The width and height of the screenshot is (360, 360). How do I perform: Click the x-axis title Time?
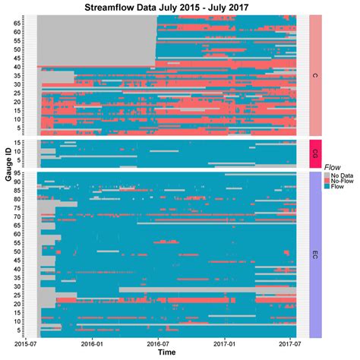[x=169, y=354]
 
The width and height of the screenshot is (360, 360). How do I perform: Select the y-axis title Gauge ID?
[x=6, y=175]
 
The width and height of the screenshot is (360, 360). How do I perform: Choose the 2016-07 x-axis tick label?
[x=157, y=344]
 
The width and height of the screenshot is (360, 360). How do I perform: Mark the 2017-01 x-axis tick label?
[x=225, y=344]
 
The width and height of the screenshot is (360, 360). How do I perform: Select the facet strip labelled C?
[x=314, y=76]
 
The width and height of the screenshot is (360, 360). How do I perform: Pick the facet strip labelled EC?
[x=314, y=254]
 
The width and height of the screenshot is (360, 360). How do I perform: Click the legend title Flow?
[x=332, y=166]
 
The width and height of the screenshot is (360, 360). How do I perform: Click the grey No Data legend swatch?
[x=327, y=175]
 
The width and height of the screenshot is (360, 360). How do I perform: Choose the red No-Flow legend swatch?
[x=327, y=182]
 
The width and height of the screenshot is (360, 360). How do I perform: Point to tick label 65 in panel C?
[x=28, y=24]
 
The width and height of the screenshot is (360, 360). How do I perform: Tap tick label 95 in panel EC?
[x=28, y=175]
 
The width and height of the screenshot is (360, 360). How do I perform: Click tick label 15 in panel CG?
[x=28, y=142]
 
